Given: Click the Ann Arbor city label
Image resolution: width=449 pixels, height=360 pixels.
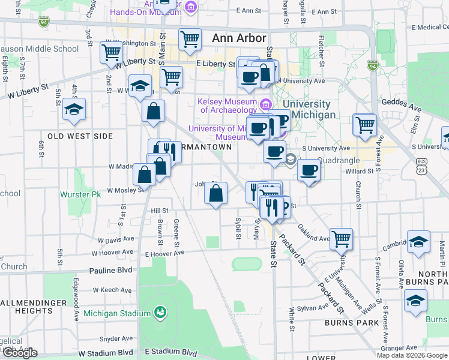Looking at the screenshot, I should tap(239, 38).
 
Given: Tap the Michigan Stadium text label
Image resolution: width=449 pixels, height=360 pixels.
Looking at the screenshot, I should tap(116, 313).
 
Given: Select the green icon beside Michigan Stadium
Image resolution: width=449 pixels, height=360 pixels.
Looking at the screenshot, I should tap(160, 312).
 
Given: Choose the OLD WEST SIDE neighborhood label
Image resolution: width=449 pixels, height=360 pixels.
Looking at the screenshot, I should tap(80, 136).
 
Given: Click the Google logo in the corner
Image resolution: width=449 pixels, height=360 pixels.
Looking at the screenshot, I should tap(20, 353).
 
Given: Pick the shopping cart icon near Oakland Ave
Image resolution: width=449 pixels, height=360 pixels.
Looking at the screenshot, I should tap(341, 238).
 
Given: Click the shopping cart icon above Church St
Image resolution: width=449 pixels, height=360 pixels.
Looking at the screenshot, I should tap(364, 125).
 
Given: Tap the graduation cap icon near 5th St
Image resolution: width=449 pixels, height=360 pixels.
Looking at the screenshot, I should tap(74, 109).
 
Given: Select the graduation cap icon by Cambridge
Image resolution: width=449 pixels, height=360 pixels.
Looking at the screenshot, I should tap(419, 242).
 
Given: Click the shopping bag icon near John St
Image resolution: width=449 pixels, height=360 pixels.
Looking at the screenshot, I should tap(216, 193).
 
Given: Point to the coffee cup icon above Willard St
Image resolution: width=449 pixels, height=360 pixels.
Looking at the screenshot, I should tap(309, 170).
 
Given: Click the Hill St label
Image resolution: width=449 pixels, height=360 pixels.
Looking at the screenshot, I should tap(160, 211).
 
